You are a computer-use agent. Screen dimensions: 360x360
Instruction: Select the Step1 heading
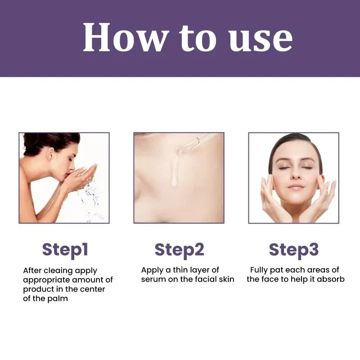[65, 249]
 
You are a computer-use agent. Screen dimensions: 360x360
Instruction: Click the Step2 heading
[179, 249]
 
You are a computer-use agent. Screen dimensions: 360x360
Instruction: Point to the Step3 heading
[293, 249]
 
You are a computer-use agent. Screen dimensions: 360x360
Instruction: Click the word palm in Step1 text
[58, 298]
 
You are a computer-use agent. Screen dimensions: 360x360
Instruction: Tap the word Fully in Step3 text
[260, 270]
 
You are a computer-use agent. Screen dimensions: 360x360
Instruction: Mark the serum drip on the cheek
[173, 173]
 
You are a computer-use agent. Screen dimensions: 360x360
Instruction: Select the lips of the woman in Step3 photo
[295, 186]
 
